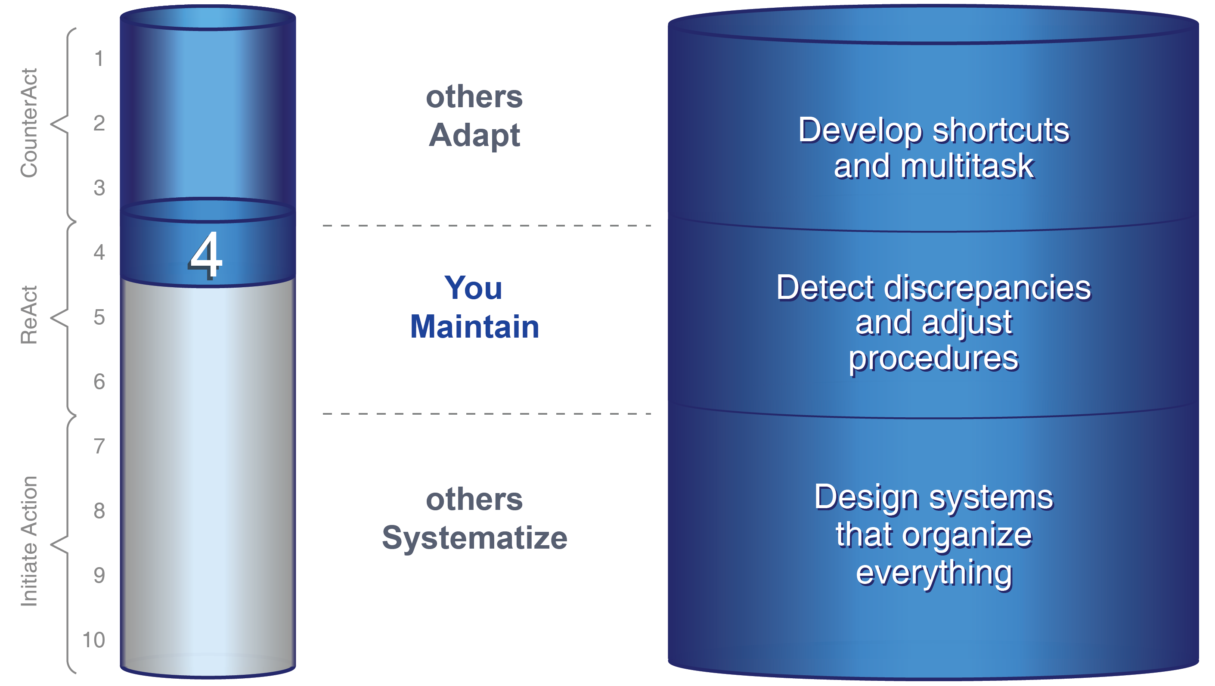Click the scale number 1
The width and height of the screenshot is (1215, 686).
click(99, 59)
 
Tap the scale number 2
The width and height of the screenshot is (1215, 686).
click(99, 124)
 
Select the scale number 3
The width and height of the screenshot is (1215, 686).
click(99, 188)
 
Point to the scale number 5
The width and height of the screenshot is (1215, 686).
click(99, 317)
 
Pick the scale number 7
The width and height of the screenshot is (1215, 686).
click(99, 446)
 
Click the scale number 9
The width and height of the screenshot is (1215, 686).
click(99, 576)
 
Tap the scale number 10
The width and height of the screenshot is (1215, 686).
click(94, 640)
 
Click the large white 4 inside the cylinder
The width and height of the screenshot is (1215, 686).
click(206, 255)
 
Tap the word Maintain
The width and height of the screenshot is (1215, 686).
click(474, 327)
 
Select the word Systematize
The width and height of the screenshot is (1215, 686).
click(474, 538)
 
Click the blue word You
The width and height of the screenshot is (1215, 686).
click(473, 288)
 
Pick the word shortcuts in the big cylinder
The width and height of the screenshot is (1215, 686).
click(1001, 130)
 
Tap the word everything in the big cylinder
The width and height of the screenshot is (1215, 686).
click(934, 573)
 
